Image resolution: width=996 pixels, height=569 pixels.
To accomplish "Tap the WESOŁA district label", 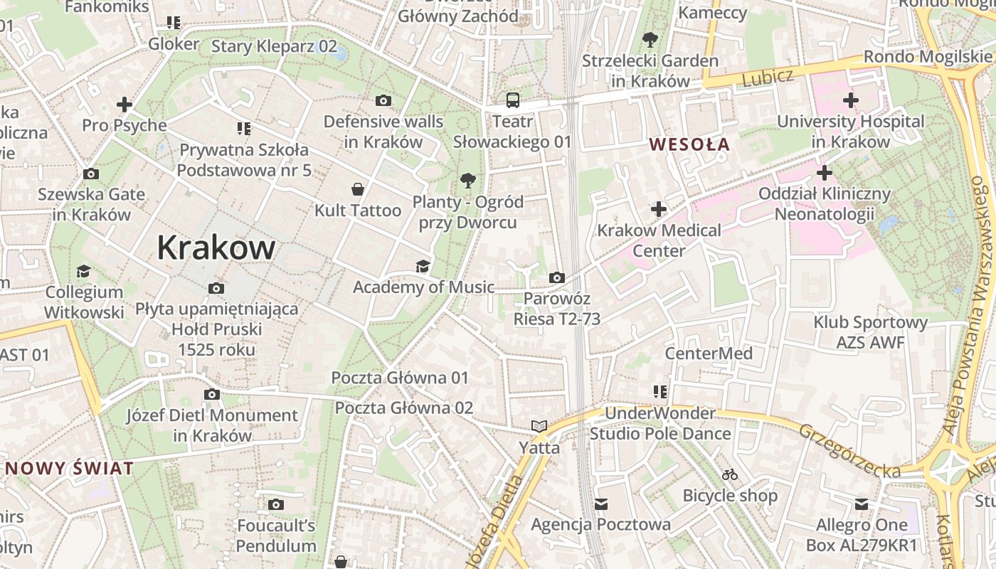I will pyautogui.click(x=689, y=144).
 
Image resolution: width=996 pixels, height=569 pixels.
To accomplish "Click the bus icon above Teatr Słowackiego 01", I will pyautogui.click(x=512, y=100).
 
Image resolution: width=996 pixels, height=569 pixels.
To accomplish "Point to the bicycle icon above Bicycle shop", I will pyautogui.click(x=730, y=474).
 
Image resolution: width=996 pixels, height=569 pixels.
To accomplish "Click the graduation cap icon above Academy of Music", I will pyautogui.click(x=423, y=267).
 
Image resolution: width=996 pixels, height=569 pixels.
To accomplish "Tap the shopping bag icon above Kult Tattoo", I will pyautogui.click(x=358, y=189).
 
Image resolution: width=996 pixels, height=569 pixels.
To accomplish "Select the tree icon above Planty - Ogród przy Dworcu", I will pyautogui.click(x=468, y=180).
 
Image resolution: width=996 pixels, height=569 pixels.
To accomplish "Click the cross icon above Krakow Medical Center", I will pyautogui.click(x=659, y=209).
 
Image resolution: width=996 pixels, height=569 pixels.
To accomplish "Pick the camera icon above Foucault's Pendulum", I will pyautogui.click(x=276, y=505).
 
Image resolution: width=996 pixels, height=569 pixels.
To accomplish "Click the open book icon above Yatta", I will pyautogui.click(x=539, y=427).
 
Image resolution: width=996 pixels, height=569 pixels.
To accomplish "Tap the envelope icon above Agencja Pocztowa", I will pyautogui.click(x=601, y=504).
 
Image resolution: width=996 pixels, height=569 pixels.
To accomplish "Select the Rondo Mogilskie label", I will pyautogui.click(x=928, y=57).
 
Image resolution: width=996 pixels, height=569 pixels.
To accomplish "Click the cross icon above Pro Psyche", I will pyautogui.click(x=124, y=105).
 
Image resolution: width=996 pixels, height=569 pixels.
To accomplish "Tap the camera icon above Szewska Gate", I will pyautogui.click(x=91, y=174).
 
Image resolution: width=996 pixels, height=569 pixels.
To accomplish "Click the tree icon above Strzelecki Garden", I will pyautogui.click(x=650, y=40).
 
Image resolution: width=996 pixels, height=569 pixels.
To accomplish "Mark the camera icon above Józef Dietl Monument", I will pyautogui.click(x=212, y=395).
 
